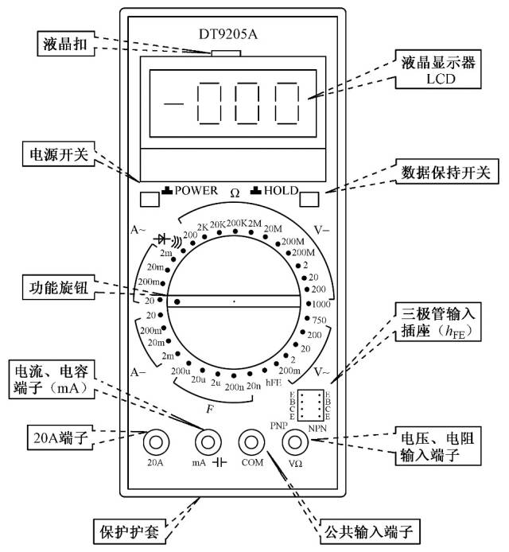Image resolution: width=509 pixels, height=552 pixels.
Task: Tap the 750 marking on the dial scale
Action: pyautogui.click(x=321, y=320)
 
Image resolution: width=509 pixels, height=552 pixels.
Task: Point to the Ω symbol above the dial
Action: pyautogui.click(x=235, y=192)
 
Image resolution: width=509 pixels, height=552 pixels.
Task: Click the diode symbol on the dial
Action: pyautogui.click(x=165, y=238)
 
